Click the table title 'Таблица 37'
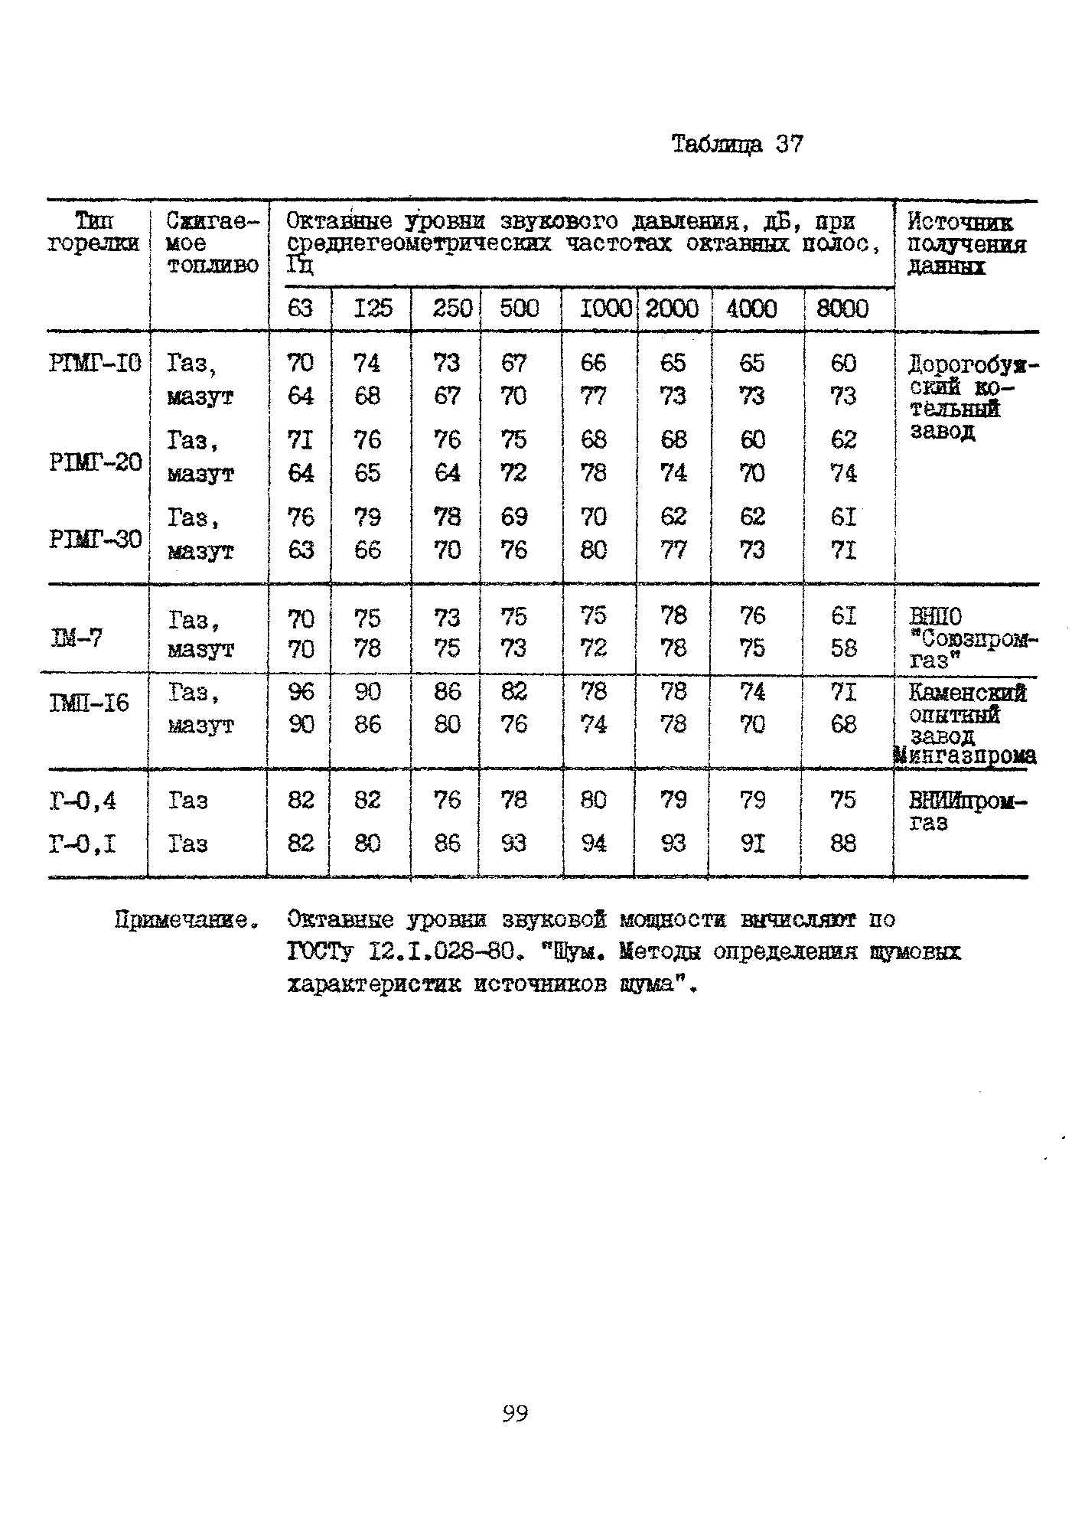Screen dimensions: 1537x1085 (x=737, y=144)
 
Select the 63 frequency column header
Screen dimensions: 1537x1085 (x=300, y=308)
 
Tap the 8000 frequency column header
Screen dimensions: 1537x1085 (x=842, y=308)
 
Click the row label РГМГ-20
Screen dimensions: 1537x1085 (x=96, y=462)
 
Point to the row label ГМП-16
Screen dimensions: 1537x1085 (x=90, y=703)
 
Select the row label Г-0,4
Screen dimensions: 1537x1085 (x=83, y=801)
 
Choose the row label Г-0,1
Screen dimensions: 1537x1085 (x=83, y=844)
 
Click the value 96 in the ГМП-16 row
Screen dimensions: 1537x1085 (x=301, y=691)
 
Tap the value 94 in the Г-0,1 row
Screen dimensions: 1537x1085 (x=594, y=844)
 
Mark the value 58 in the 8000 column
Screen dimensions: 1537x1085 (x=843, y=648)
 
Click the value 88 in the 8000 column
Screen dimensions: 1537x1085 (x=843, y=844)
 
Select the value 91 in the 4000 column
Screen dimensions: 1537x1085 (x=753, y=844)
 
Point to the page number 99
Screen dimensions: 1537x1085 (x=515, y=1413)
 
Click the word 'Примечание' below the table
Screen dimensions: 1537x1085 (x=184, y=919)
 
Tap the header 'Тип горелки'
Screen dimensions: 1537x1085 (x=94, y=233)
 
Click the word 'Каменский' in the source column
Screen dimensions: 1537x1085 (x=967, y=693)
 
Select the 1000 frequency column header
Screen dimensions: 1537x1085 (x=605, y=308)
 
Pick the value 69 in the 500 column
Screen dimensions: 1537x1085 (x=514, y=517)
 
